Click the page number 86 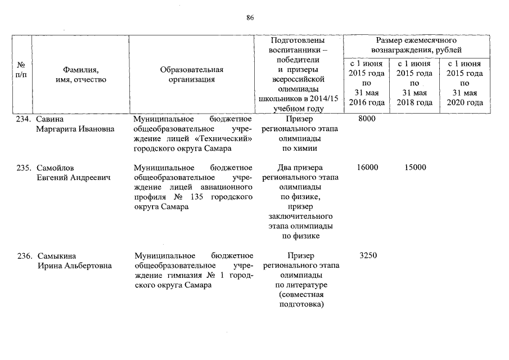point(250,17)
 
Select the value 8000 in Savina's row point(367,119)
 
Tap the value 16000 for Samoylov point(368,167)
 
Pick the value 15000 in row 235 point(415,167)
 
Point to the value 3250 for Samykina point(367,255)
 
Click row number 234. point(25,119)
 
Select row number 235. point(25,167)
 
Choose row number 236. point(25,255)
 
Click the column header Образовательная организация point(192,75)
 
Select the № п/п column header point(21,70)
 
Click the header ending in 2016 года point(367,83)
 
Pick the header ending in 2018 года point(415,83)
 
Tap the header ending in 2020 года point(465,83)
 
